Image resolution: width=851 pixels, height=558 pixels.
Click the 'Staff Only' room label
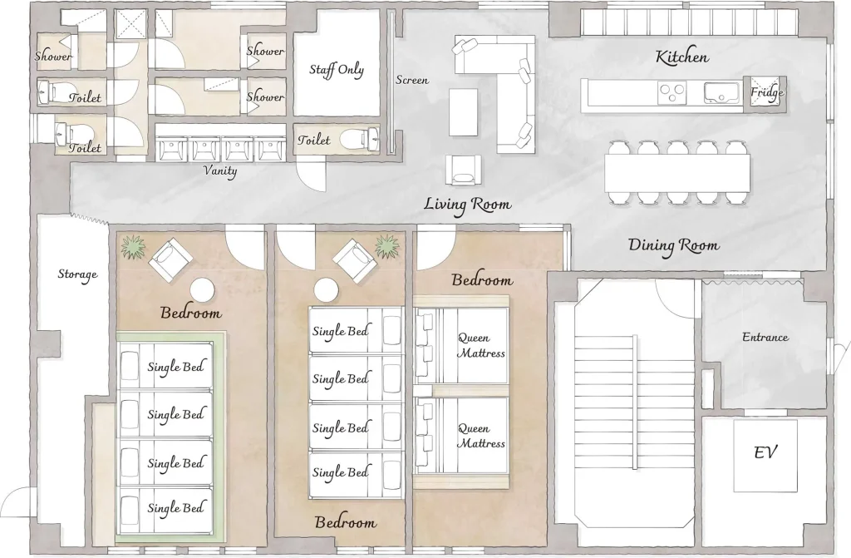[x=337, y=70]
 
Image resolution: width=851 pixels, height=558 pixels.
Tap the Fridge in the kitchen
[x=767, y=93]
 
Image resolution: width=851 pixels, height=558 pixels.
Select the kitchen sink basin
[x=722, y=92]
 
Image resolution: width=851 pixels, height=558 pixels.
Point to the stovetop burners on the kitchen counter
[x=671, y=92]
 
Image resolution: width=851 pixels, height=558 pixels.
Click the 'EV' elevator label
[x=765, y=452]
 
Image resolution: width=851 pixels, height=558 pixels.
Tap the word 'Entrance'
[x=765, y=337]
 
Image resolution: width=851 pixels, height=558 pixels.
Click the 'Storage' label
[x=77, y=274]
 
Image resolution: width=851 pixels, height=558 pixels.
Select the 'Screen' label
[x=412, y=80]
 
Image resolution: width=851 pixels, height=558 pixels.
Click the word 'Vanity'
[x=220, y=170]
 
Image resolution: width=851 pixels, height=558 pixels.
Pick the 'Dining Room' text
[x=673, y=245]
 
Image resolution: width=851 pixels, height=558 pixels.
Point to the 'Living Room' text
[x=467, y=205]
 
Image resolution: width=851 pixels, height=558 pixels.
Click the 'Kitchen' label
[x=681, y=57]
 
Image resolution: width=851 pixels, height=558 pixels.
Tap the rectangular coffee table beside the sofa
[x=464, y=112]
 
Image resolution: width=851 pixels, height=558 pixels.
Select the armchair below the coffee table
[x=464, y=170]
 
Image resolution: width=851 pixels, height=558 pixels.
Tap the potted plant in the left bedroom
[x=134, y=247]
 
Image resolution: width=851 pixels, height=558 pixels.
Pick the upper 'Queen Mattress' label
[x=481, y=346]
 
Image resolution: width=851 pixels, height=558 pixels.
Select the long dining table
[x=677, y=173]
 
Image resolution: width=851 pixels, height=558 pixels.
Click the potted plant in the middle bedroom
[x=387, y=247]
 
